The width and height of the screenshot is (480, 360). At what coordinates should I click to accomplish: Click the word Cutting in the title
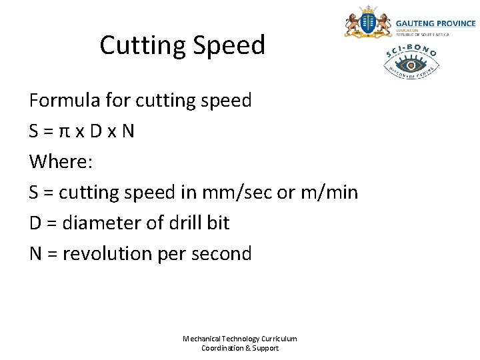tap(141, 45)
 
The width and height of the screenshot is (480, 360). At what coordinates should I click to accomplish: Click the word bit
tap(218, 223)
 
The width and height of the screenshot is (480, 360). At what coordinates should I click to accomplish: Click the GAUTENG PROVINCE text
tap(435, 23)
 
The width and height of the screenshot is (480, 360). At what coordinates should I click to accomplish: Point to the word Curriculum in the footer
tap(279, 339)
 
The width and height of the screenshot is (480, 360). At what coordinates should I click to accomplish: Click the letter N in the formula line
tap(127, 131)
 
